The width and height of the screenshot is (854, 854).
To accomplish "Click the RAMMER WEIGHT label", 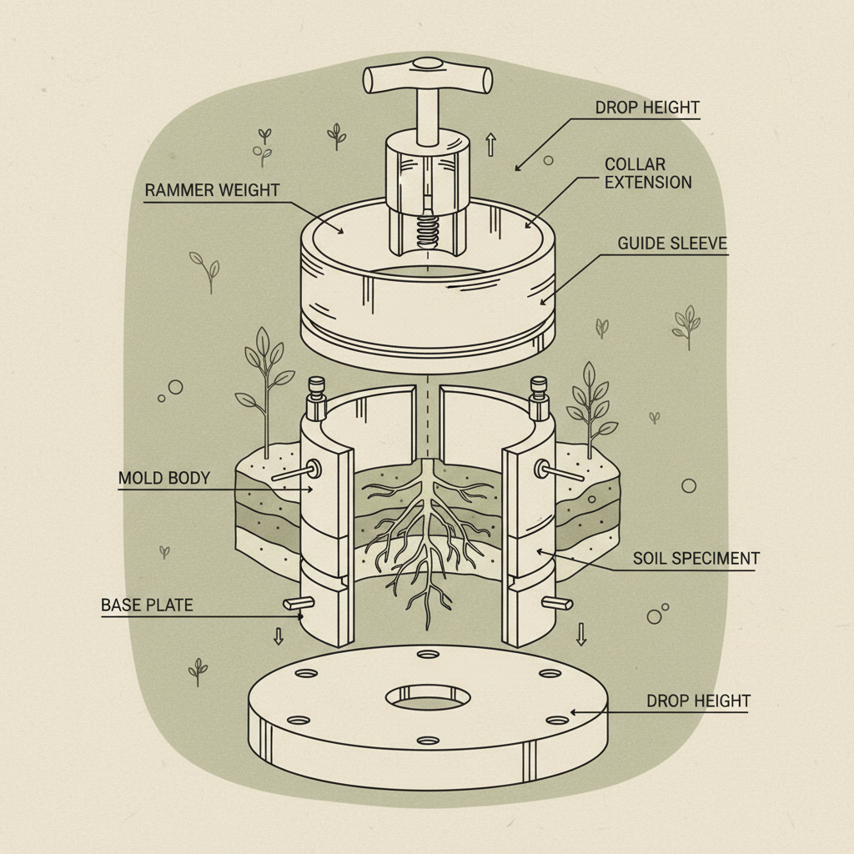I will pos(212,190).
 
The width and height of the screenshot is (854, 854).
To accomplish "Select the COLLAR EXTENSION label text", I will pos(647,173).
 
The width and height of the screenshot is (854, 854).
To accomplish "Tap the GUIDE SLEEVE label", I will pos(672,244).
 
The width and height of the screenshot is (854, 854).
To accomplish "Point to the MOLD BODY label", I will pos(163,479).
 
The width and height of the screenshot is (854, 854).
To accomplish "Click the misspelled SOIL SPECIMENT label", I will pos(694,559).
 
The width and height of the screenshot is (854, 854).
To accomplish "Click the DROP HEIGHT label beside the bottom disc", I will pos(698,701).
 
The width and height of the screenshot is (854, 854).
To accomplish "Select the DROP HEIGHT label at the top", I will pos(647,108).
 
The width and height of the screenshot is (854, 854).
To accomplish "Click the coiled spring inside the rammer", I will pos(427,229).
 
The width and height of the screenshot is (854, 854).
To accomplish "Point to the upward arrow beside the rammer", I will pos(490,144).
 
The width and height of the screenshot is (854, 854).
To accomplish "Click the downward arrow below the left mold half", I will pos(279,636).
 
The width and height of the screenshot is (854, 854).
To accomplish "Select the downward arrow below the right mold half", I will pos(581,635).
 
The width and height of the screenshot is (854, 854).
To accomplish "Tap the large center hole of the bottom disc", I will pos(426,698).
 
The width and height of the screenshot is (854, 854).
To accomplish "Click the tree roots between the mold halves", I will pos(426,534).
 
